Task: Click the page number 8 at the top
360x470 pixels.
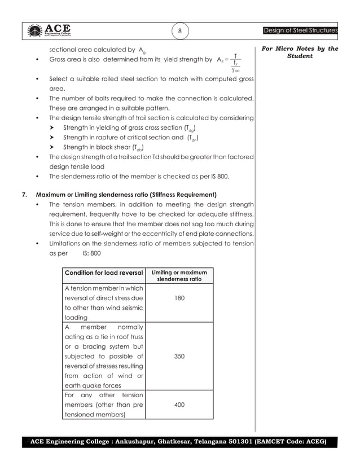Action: coord(179,30)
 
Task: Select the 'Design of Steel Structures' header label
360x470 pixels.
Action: coord(300,30)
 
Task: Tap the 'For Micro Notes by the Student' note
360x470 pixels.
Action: coord(300,52)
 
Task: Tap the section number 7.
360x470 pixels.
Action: coord(24,195)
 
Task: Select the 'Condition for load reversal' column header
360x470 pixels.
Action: coord(104,273)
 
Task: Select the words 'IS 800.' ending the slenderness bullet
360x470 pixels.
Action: coord(218,176)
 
